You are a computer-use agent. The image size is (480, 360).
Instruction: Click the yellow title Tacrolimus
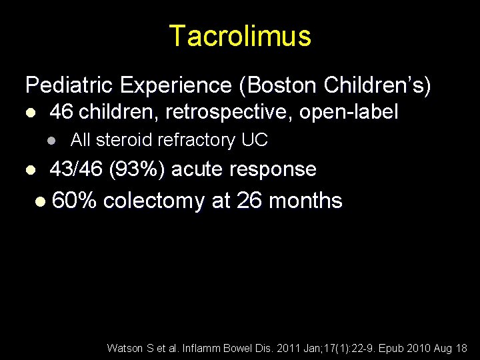pos(240,36)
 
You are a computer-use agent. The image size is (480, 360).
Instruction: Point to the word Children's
pos(375,86)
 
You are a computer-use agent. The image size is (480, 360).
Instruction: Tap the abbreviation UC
pos(255,140)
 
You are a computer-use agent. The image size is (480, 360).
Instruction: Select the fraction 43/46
pos(76,169)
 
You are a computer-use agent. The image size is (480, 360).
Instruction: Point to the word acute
pos(197,169)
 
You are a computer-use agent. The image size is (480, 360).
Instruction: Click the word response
pos(273,169)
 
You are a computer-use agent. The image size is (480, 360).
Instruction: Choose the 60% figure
pos(74,201)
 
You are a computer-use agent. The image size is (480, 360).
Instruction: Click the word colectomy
pos(154,201)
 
